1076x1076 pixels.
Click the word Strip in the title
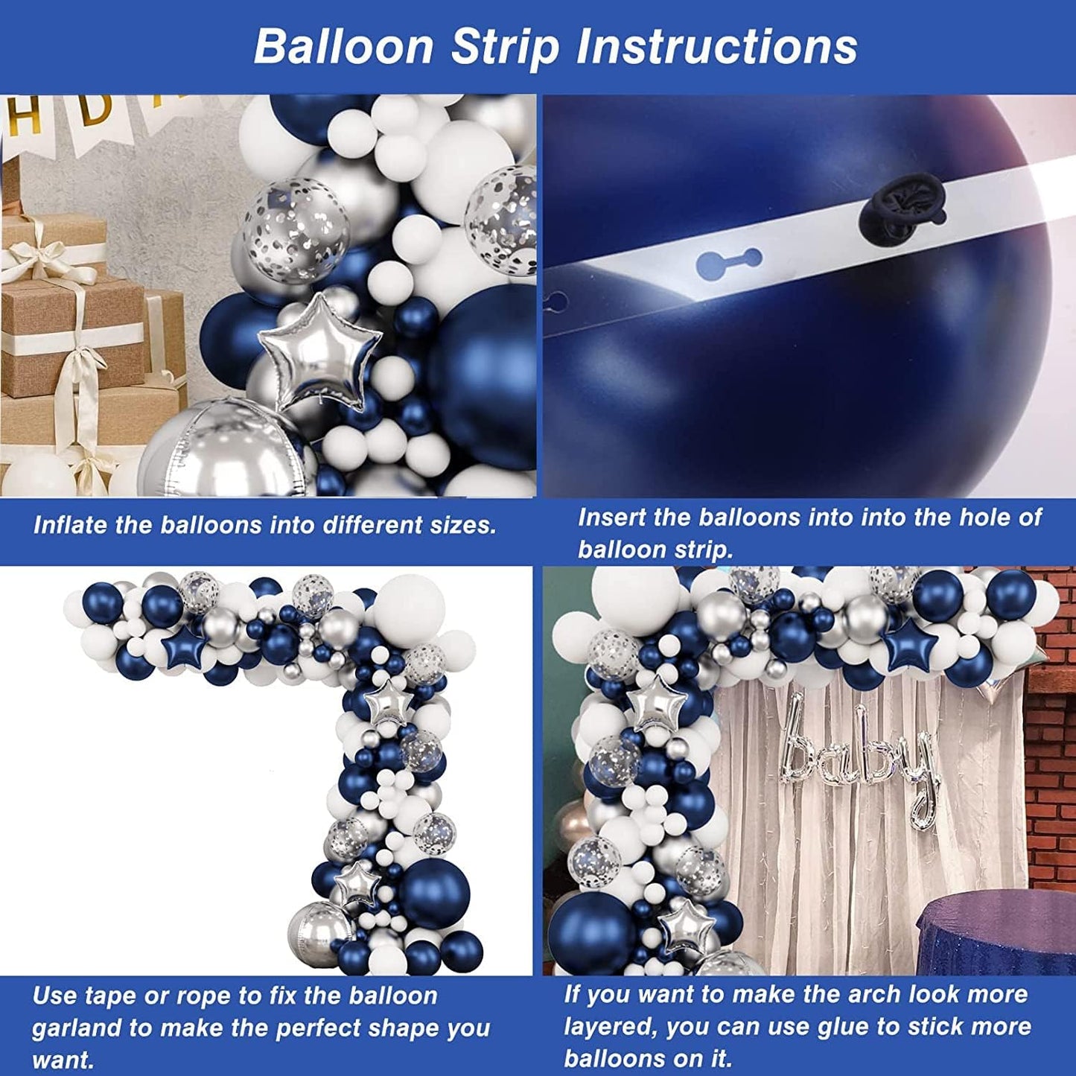tap(505, 48)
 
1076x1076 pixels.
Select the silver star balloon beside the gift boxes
tap(320, 350)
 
